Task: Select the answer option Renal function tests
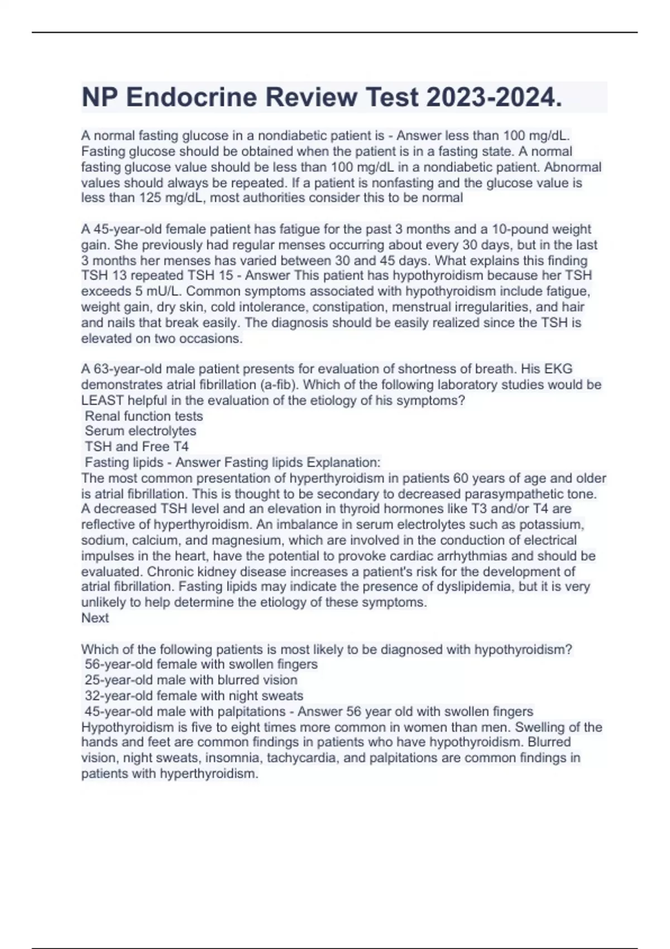(143, 416)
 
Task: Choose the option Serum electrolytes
(140, 431)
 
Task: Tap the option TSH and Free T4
(136, 447)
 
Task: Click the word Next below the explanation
(95, 618)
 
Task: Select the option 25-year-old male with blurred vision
(191, 680)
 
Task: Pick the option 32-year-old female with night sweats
(194, 696)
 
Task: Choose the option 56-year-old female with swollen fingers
(201, 664)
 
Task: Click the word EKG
(558, 369)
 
